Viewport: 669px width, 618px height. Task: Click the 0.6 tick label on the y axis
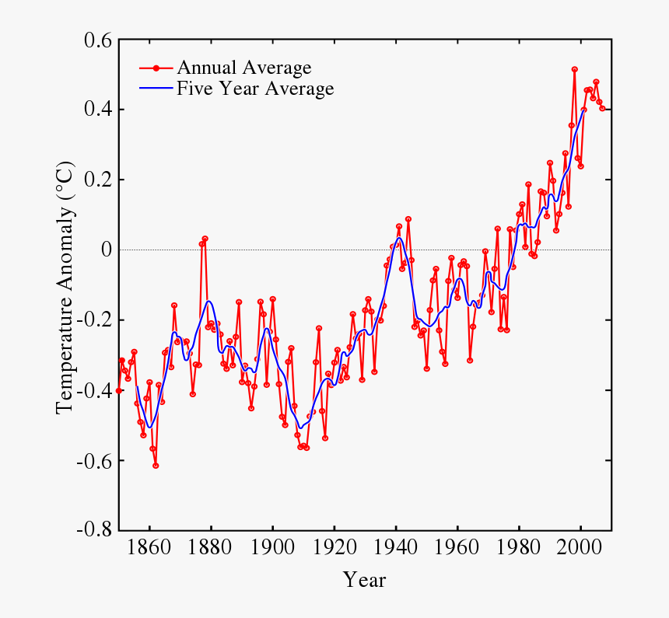click(x=96, y=40)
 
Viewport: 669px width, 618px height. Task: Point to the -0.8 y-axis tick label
click(x=93, y=530)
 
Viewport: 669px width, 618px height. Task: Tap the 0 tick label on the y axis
click(x=106, y=250)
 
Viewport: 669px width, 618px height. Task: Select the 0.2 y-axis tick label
click(x=96, y=180)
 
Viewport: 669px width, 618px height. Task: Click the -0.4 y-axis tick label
click(x=93, y=390)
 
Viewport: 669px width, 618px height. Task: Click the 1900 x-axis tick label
click(x=272, y=549)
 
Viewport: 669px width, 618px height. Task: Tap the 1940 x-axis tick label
click(x=396, y=549)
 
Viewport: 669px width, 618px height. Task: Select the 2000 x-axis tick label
click(x=580, y=549)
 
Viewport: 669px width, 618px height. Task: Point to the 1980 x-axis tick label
click(x=519, y=549)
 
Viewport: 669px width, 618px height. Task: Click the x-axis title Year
click(x=364, y=580)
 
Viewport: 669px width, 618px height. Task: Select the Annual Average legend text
click(x=243, y=68)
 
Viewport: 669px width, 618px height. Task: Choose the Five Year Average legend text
click(x=255, y=89)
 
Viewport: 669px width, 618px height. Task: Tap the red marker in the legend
click(x=156, y=68)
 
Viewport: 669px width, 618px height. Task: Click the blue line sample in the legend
click(x=156, y=89)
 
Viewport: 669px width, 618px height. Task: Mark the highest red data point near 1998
click(x=575, y=69)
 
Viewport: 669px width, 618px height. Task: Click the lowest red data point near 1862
click(x=156, y=466)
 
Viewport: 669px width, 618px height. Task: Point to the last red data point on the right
click(x=602, y=109)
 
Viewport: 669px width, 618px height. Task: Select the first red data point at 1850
click(x=119, y=390)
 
